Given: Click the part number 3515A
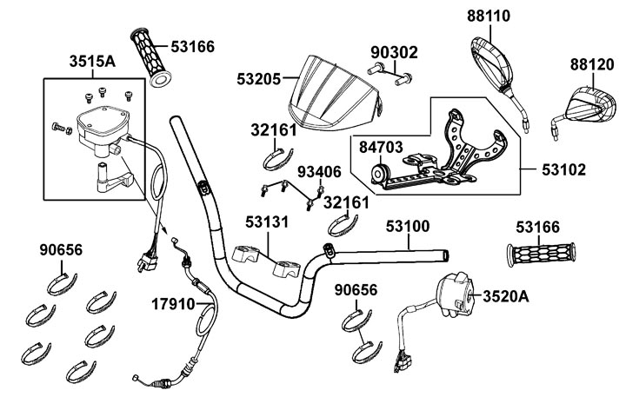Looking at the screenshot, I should tap(90, 63).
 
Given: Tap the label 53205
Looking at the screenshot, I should tap(258, 78).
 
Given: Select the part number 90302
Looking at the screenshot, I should tap(394, 53).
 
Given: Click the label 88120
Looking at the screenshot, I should tap(592, 64).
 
